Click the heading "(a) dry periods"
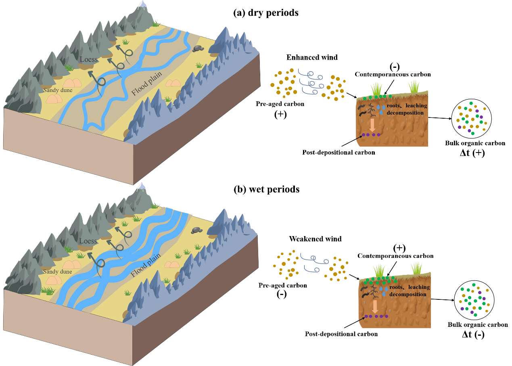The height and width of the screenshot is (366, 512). (266, 13)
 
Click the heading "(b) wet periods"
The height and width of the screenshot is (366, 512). (266, 189)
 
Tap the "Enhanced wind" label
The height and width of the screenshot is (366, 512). (312, 57)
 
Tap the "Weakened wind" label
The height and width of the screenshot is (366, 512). (315, 238)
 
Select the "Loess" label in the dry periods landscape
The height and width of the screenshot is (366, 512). (88, 59)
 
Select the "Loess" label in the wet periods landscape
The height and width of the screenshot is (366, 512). (88, 241)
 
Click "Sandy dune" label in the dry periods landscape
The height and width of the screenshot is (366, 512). (58, 90)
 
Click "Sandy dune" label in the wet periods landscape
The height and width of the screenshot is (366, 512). (58, 272)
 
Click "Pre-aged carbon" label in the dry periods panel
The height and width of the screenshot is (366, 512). (280, 104)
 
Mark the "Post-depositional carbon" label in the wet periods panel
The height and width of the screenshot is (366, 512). (341, 334)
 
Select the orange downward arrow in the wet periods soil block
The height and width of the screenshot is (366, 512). (375, 306)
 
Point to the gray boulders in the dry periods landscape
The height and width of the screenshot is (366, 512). (198, 48)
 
